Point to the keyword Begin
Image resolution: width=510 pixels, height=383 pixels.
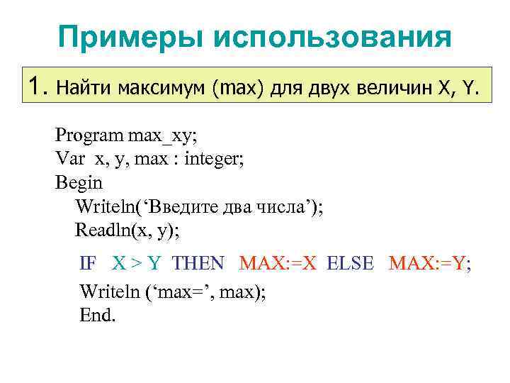[79, 182]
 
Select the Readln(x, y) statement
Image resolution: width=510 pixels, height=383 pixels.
[127, 231]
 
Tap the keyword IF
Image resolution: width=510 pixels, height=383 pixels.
[89, 264]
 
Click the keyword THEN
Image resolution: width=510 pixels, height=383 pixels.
[198, 264]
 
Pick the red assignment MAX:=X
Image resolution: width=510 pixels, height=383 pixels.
[279, 264]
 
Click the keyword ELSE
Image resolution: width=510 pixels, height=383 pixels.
[350, 264]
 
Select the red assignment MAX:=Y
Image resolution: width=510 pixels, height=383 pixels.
[429, 264]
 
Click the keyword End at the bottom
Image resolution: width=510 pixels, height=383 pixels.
[97, 316]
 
